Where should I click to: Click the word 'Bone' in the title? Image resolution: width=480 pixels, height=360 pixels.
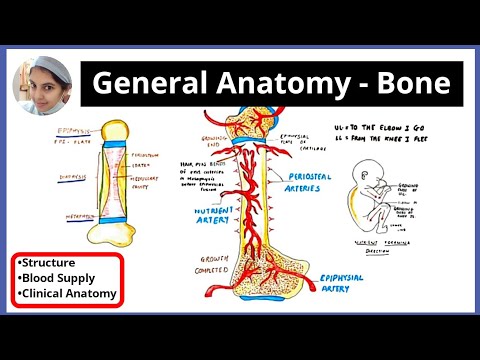tap(413, 85)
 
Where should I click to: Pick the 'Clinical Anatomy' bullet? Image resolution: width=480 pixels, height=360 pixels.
tap(67, 294)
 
